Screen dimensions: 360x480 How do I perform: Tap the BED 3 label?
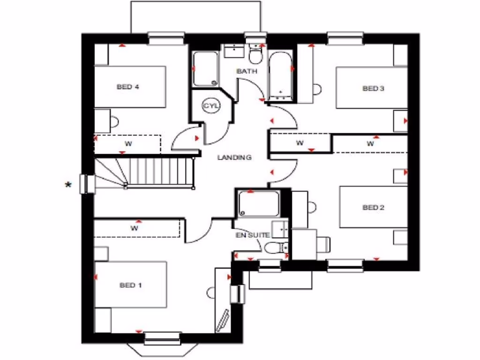coord(373,88)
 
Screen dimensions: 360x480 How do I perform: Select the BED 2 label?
coord(373,207)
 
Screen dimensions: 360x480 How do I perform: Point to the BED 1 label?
coord(131,285)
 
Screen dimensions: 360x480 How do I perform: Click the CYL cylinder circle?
coord(211,106)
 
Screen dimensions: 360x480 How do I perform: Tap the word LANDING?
coord(234,157)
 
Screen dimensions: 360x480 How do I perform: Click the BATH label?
coord(247,71)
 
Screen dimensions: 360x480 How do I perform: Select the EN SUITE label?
coord(252,235)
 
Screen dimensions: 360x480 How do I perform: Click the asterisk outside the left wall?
coord(68,186)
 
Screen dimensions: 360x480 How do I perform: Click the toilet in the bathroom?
coord(255,55)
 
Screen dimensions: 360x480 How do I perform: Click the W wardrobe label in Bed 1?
coord(134,229)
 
